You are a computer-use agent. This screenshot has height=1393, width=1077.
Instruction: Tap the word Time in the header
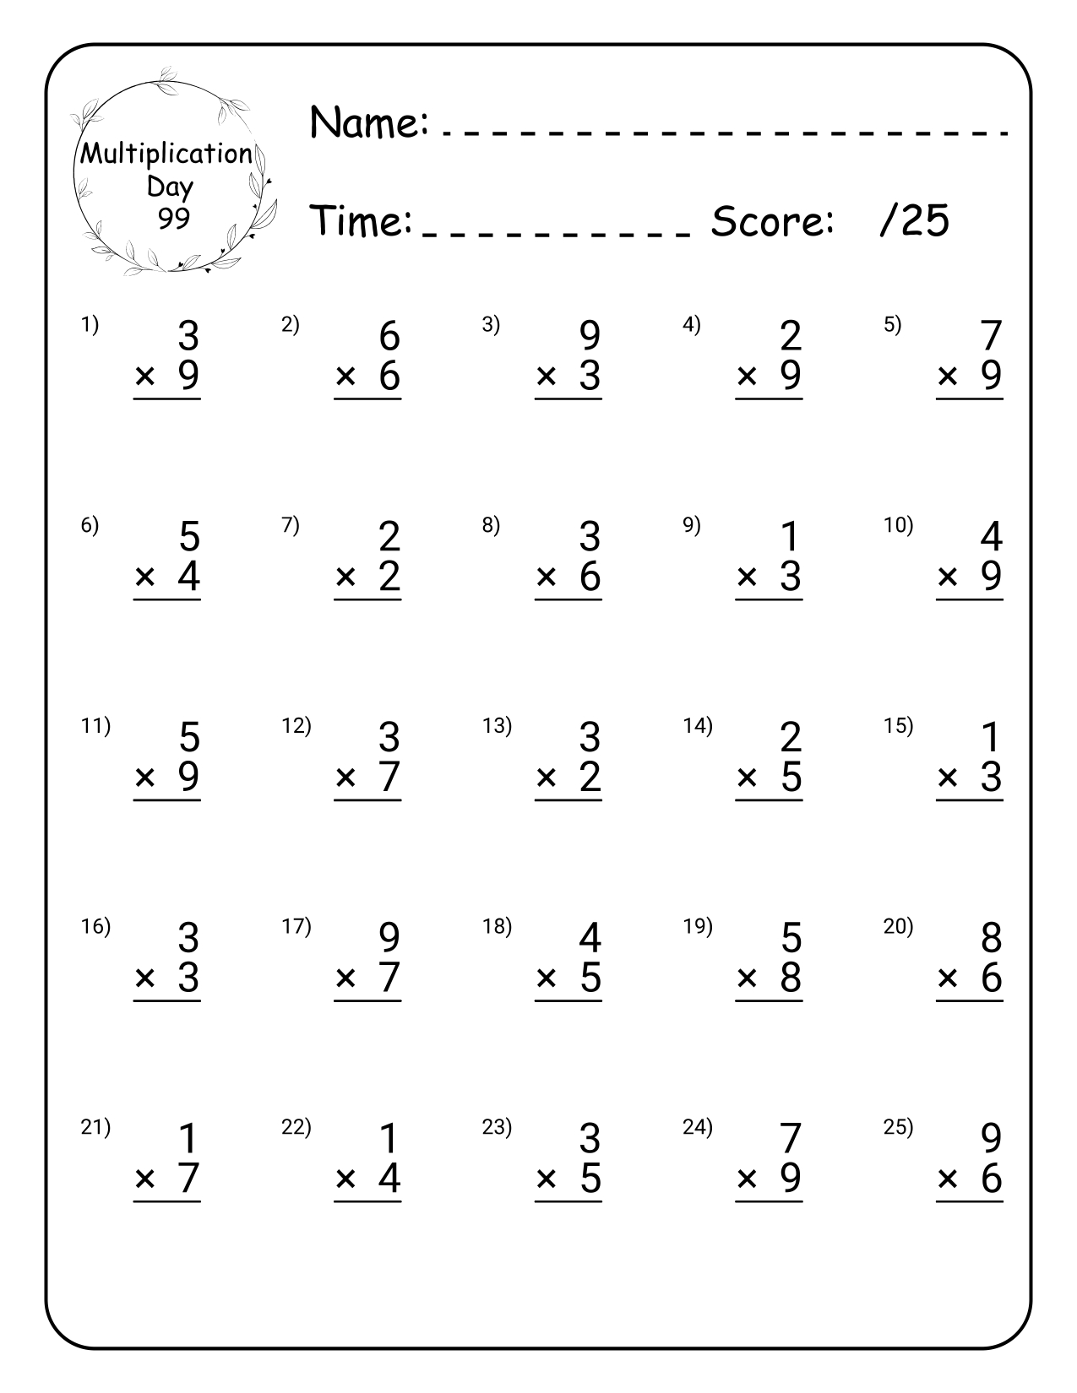[361, 221]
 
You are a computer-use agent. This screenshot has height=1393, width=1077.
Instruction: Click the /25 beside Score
[914, 221]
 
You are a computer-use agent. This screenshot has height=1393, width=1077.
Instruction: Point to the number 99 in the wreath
[173, 219]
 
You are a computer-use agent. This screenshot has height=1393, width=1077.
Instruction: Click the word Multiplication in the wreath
[166, 154]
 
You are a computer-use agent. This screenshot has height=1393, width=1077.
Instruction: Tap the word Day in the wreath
[170, 187]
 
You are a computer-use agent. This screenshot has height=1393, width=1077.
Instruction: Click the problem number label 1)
[90, 325]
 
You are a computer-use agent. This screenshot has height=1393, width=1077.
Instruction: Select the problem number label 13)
[497, 726]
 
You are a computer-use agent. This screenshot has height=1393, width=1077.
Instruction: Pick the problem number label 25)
[898, 1127]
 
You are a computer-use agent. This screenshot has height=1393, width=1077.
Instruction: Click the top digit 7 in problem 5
[990, 336]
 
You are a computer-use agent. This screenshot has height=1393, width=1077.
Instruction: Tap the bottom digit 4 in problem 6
[188, 577]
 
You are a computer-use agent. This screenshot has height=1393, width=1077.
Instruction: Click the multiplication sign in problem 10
[948, 577]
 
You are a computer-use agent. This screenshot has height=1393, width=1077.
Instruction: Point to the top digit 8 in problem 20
[991, 938]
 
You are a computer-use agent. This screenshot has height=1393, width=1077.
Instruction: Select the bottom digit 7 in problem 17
[389, 978]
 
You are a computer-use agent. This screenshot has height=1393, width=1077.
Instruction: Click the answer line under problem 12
[367, 799]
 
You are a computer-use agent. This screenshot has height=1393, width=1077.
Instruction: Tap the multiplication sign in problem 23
[547, 1179]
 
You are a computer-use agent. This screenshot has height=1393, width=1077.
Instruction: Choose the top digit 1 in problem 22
[389, 1139]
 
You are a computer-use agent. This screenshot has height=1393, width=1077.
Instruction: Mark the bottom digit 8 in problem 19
[790, 978]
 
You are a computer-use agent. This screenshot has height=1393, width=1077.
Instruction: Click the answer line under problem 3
[568, 398]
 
